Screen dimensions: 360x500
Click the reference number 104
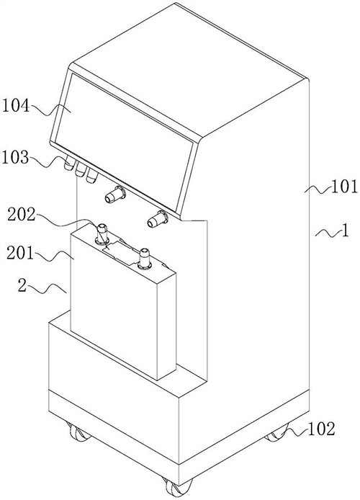[x=17, y=106]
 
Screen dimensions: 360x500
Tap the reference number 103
[x=16, y=158]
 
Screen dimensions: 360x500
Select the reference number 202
[x=22, y=215]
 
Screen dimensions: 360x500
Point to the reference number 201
[x=20, y=254]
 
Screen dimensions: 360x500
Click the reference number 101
[x=345, y=187]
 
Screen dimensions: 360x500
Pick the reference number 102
[x=321, y=429]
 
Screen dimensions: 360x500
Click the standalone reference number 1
[x=345, y=231]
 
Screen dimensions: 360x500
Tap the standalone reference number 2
[x=22, y=286]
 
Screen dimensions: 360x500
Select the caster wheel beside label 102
[x=276, y=433]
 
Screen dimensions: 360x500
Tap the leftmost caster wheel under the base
[x=78, y=432]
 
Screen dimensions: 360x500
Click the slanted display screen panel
[x=124, y=140]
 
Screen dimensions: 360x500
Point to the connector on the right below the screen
[x=158, y=219]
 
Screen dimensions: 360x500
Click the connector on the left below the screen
[x=115, y=195]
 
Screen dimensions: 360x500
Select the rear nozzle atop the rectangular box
[x=102, y=234]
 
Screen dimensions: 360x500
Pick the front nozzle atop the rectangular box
[x=144, y=259]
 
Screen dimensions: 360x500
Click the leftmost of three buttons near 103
[x=69, y=163]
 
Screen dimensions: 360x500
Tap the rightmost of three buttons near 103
[x=92, y=175]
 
